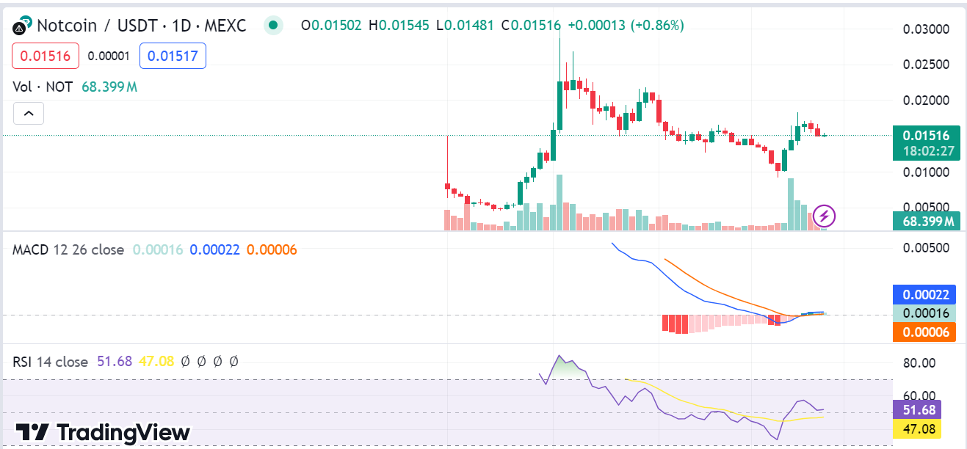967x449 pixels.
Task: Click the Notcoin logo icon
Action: point(22,26)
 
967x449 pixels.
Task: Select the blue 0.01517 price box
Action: point(173,56)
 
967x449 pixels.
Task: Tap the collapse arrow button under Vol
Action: point(29,114)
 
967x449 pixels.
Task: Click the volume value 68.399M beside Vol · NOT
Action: point(109,87)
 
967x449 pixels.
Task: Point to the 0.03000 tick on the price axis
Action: point(926,29)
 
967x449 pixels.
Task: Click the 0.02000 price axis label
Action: point(926,101)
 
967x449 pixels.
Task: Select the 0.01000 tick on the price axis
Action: point(926,172)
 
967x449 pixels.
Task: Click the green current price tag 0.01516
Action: point(925,136)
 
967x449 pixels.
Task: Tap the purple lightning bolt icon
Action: point(825,216)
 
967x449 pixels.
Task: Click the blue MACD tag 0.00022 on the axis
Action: point(924,295)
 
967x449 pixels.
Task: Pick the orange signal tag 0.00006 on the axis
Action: point(924,332)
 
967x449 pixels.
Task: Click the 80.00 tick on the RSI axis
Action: point(918,362)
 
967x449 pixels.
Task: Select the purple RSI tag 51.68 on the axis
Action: point(916,409)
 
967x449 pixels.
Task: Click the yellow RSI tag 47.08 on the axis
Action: point(916,428)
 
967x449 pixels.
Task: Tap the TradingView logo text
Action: point(103,432)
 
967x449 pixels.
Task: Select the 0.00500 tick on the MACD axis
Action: point(926,248)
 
